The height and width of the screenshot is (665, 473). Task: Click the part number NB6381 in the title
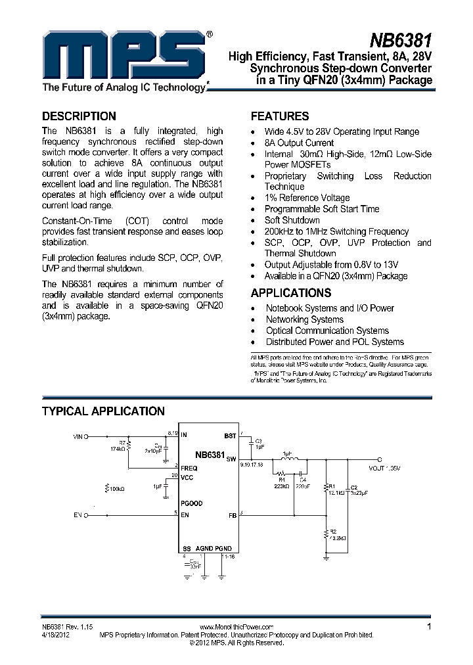click(x=399, y=41)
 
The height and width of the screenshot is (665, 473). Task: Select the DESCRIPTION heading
click(x=79, y=116)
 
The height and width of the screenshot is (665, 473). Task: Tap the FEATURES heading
click(x=280, y=116)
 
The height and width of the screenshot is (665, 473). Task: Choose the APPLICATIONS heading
click(x=291, y=293)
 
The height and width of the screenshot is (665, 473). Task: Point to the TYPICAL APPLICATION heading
click(x=103, y=411)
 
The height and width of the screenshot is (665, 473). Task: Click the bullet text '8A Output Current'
click(x=299, y=143)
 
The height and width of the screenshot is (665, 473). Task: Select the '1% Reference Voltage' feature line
click(x=307, y=198)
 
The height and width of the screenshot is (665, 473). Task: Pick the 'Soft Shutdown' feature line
click(x=292, y=220)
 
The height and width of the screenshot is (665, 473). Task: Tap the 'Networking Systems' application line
click(x=304, y=319)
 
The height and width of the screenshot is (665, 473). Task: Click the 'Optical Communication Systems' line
click(x=327, y=331)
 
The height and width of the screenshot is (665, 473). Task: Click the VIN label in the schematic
click(x=79, y=435)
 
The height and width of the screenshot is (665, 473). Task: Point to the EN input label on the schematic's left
click(x=78, y=515)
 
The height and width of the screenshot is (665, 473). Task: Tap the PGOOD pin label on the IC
click(x=191, y=503)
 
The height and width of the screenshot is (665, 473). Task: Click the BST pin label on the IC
click(x=230, y=436)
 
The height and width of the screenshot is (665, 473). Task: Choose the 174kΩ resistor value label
click(x=119, y=448)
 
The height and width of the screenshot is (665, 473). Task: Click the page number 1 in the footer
click(x=429, y=627)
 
